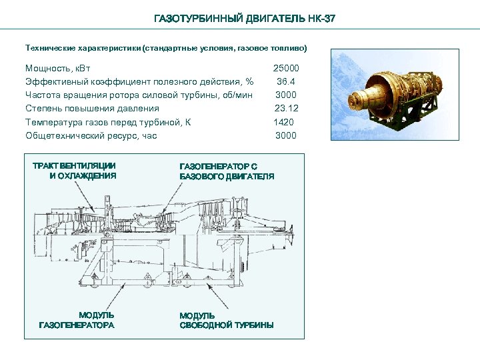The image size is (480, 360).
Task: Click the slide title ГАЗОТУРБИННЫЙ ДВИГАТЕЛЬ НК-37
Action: [245, 19]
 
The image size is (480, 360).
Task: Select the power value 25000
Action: [286, 68]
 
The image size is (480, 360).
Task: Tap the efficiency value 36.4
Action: [287, 81]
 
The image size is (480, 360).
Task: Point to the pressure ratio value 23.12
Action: [287, 108]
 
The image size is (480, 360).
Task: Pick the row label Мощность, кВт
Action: [58, 68]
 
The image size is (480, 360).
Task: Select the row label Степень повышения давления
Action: [92, 108]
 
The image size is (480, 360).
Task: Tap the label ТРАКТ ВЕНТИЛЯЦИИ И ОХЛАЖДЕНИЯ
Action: [75, 171]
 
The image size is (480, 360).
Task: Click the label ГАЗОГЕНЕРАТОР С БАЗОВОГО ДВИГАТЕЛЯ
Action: [227, 171]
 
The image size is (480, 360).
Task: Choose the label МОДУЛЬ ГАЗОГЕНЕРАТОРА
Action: [77, 320]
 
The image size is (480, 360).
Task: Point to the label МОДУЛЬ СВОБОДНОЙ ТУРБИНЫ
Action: [227, 320]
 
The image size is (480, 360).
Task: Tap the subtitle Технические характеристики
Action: [166, 48]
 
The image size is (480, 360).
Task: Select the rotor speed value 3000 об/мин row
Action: [285, 95]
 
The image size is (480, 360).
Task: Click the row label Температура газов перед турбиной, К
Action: [108, 122]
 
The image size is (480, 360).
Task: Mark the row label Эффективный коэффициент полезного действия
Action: [139, 81]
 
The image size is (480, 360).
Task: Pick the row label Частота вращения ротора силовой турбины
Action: [139, 95]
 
